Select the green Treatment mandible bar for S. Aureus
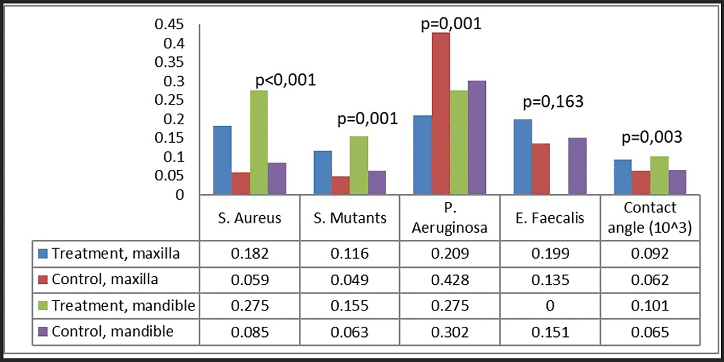coord(260,143)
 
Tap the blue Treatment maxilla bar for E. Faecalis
coord(522,157)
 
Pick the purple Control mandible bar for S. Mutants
coord(377,183)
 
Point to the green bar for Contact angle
coord(660,175)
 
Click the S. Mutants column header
coord(349,218)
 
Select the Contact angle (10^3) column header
coord(650,218)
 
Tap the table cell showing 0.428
coord(449,280)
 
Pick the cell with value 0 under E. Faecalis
coord(549,306)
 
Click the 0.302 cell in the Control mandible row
coord(449,332)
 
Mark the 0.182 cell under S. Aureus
coord(249,254)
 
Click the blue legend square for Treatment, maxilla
coord(44,254)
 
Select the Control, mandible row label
coord(113,332)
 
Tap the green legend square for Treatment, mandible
coord(44,306)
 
